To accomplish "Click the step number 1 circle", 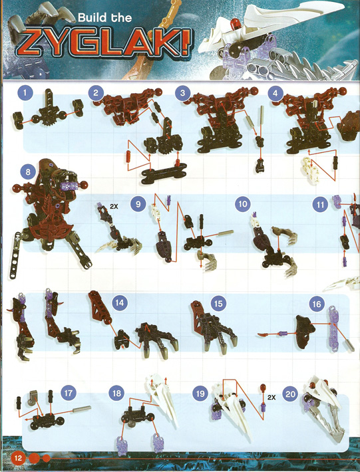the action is point(25,92).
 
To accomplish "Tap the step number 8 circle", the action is point(28,172).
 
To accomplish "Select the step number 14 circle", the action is point(120,302).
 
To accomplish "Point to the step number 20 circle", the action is point(290,394).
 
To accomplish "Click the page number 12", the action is point(18,458).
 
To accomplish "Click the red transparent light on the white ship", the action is point(236,23).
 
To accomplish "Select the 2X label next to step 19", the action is point(271,398).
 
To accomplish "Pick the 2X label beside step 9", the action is point(114,207).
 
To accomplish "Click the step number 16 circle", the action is point(316,304).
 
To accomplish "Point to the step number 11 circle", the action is point(320,205).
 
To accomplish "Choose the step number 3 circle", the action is point(182,92).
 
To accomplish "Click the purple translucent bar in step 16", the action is point(333,328).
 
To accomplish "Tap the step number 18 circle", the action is point(116,393).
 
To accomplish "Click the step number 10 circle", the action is point(242,204).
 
